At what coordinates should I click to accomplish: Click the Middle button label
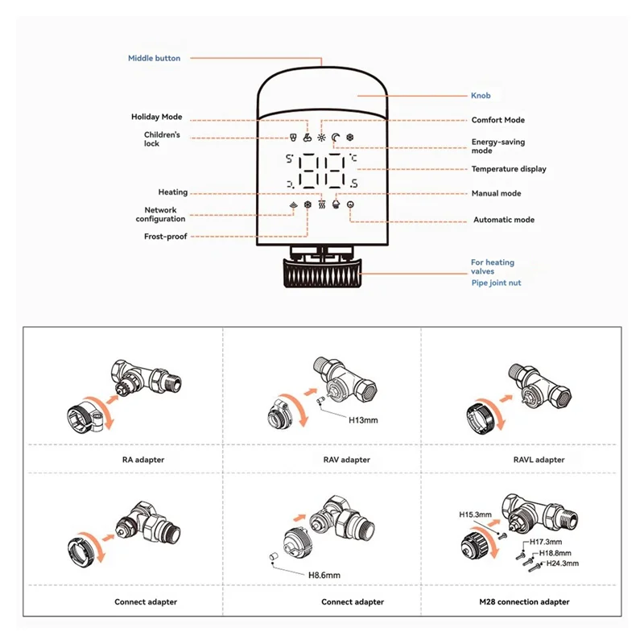point(155,58)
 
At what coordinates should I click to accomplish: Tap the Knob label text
point(481,96)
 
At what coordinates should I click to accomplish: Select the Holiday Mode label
point(157,117)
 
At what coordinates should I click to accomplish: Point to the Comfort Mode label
point(497,120)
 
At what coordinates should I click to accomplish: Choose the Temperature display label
point(508,169)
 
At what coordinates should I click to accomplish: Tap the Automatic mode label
point(503,220)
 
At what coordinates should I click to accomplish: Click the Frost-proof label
point(165,236)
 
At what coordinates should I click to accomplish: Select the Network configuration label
point(160,214)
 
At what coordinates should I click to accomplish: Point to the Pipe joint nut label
point(496,283)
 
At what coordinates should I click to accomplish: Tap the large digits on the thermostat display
point(322,171)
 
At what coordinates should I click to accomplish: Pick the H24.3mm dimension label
point(563,563)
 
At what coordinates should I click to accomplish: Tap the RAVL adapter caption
point(539,460)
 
